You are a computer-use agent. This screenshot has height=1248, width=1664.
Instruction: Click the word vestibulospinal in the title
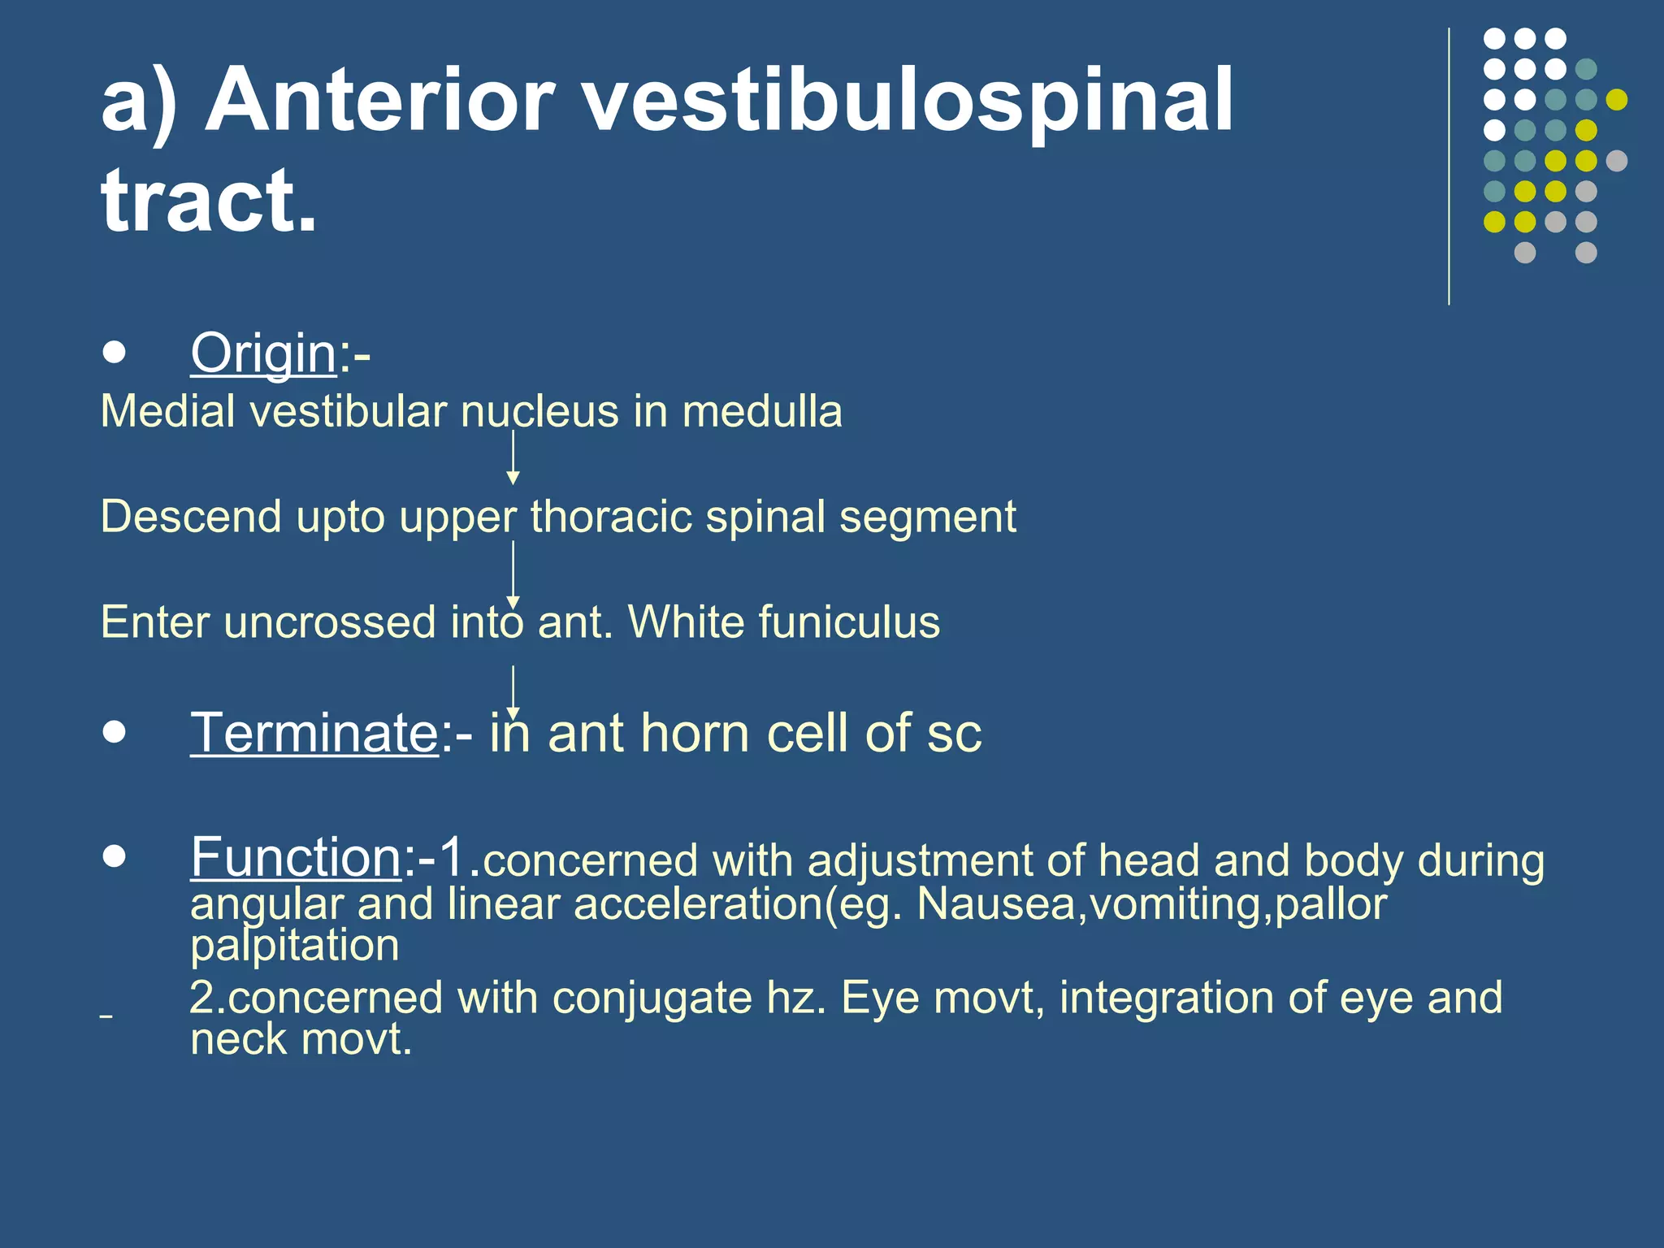click(x=908, y=102)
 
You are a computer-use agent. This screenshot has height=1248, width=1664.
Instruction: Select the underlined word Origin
click(x=263, y=354)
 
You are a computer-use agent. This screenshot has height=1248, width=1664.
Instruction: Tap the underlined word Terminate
click(x=314, y=734)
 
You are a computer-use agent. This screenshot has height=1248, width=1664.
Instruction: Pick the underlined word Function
click(x=296, y=857)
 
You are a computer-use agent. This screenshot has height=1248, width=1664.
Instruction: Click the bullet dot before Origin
click(x=115, y=353)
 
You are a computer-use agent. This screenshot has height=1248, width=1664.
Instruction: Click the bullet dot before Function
click(x=115, y=856)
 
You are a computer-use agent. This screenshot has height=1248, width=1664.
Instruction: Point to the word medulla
click(x=761, y=411)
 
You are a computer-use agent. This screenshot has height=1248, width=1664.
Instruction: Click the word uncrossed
click(x=330, y=622)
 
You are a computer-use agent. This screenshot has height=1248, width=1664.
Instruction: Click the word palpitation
click(x=294, y=946)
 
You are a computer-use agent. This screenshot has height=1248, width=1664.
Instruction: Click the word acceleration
click(x=698, y=903)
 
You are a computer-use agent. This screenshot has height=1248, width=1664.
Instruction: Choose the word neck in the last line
click(x=238, y=1039)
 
